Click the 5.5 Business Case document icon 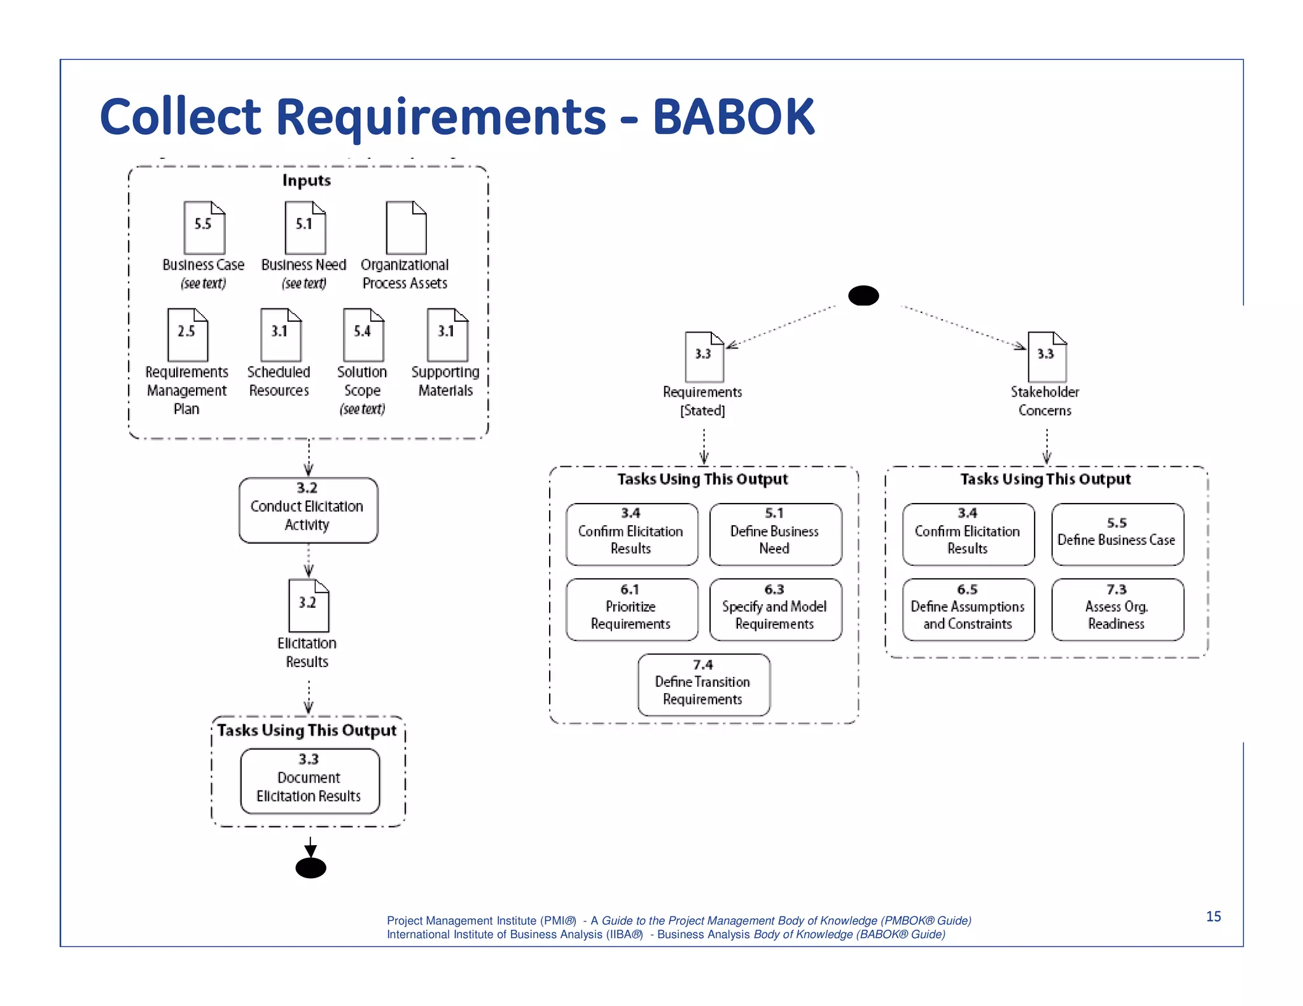204,228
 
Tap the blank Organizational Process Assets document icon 406,228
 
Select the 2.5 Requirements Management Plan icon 188,335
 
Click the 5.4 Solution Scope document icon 363,335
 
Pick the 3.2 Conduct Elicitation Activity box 308,510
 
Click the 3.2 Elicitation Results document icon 309,605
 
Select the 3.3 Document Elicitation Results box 310,781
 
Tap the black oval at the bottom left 310,868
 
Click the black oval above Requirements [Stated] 863,296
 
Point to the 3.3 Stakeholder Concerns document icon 1047,357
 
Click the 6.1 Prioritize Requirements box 631,609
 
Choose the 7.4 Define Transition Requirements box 704,685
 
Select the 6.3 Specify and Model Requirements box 775,609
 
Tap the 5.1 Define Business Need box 775,534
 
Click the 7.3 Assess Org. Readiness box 1117,609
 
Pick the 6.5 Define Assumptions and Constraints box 968,609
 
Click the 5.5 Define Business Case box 1117,534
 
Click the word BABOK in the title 733,118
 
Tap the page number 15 1213,916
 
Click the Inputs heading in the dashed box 307,181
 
